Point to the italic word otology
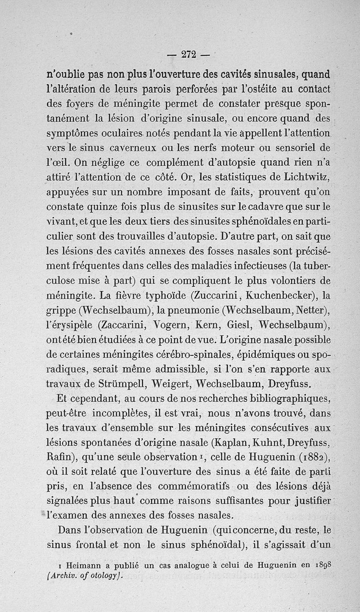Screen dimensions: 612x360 click(x=104, y=575)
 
